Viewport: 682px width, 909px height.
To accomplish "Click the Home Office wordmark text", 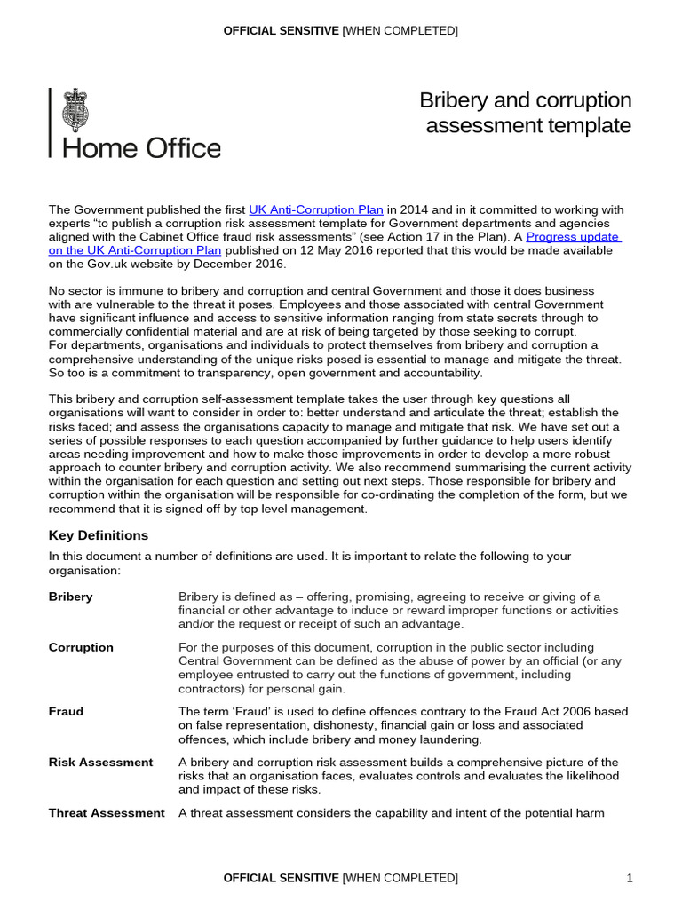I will (x=141, y=147).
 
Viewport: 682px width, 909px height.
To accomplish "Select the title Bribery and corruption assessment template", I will (x=526, y=113).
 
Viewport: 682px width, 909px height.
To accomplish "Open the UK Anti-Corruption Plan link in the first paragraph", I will (x=316, y=210).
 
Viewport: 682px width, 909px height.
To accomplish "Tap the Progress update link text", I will (x=573, y=237).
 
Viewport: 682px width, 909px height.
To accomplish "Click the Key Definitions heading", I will (x=99, y=535).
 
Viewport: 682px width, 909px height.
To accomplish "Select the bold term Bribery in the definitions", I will (x=70, y=597).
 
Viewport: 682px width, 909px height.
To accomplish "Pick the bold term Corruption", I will (x=81, y=647).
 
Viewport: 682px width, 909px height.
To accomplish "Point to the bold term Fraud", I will (x=66, y=711).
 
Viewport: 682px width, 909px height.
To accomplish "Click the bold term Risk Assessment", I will (x=100, y=762).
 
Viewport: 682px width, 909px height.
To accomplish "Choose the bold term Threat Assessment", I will (x=107, y=812).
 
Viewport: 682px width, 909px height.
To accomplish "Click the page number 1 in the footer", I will (x=630, y=878).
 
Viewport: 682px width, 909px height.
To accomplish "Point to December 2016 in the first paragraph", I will (x=239, y=264).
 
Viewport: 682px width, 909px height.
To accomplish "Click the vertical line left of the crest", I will (x=51, y=122).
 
